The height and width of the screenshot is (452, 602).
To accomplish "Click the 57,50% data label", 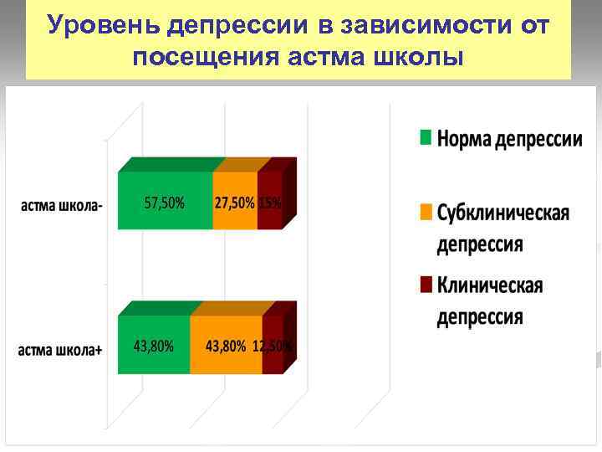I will click(165, 203).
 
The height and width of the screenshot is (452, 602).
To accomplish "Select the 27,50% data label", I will click(235, 203).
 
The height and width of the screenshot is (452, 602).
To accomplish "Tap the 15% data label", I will click(270, 203).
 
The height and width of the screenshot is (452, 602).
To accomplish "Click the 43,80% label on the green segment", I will click(154, 345).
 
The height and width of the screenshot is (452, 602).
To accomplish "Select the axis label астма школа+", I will click(60, 350).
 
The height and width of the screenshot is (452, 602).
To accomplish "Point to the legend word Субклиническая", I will click(503, 213).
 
